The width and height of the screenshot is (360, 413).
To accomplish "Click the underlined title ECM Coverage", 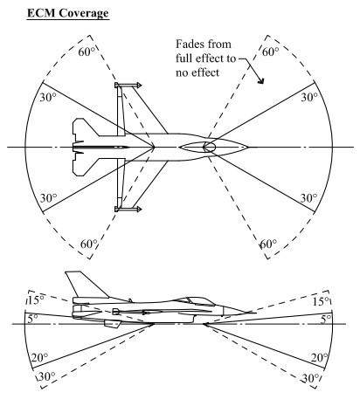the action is tap(68, 13).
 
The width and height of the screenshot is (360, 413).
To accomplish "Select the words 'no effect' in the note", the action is tap(197, 72).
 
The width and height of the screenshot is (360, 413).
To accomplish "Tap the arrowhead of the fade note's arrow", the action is tap(261, 80).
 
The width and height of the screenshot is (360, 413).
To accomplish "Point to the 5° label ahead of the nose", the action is tap(326, 320).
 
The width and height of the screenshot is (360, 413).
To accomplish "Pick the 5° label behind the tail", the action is tap(32, 319).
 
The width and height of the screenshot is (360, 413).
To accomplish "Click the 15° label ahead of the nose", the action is tap(322, 302).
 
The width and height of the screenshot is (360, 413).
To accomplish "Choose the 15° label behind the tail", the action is tap(36, 300).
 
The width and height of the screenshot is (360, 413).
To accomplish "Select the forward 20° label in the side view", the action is tap(320, 358).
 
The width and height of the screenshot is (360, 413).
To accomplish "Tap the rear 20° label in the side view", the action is tap(39, 357).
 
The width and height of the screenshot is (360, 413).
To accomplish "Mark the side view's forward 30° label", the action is tap(310, 378).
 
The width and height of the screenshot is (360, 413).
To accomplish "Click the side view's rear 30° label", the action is tap(46, 376).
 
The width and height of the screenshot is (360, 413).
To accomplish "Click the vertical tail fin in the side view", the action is tap(85, 284).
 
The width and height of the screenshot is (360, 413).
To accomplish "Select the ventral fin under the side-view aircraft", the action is tap(113, 323).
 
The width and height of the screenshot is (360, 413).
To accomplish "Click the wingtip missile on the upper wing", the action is tap(128, 86).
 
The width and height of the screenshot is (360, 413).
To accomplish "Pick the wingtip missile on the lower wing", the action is tap(128, 209).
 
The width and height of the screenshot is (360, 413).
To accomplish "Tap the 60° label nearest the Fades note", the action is tap(271, 52).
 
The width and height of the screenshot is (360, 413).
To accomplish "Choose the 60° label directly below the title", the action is tap(87, 52).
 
